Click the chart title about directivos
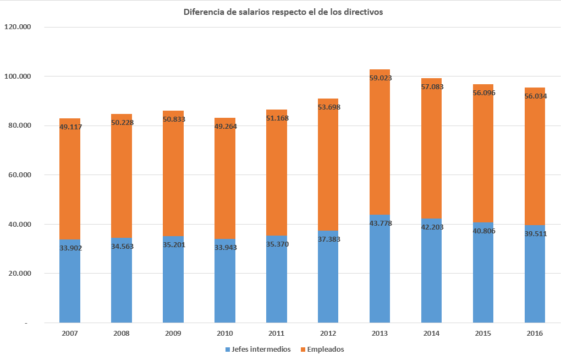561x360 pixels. pyautogui.click(x=283, y=12)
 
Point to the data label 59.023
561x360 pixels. pyautogui.click(x=380, y=78)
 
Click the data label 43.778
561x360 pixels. pyautogui.click(x=380, y=223)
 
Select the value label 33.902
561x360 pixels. pyautogui.click(x=70, y=248)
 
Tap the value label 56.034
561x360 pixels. pyautogui.click(x=535, y=95)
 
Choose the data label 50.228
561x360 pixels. pyautogui.click(x=122, y=122)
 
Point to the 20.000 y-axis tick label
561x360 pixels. pyautogui.click(x=19, y=274)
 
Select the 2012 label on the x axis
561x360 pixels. pyautogui.click(x=328, y=334)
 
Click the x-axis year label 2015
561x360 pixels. pyautogui.click(x=483, y=334)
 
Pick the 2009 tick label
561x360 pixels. pyautogui.click(x=173, y=334)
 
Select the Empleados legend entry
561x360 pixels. pyautogui.click(x=325, y=350)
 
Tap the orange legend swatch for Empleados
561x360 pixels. pyautogui.click(x=302, y=350)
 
